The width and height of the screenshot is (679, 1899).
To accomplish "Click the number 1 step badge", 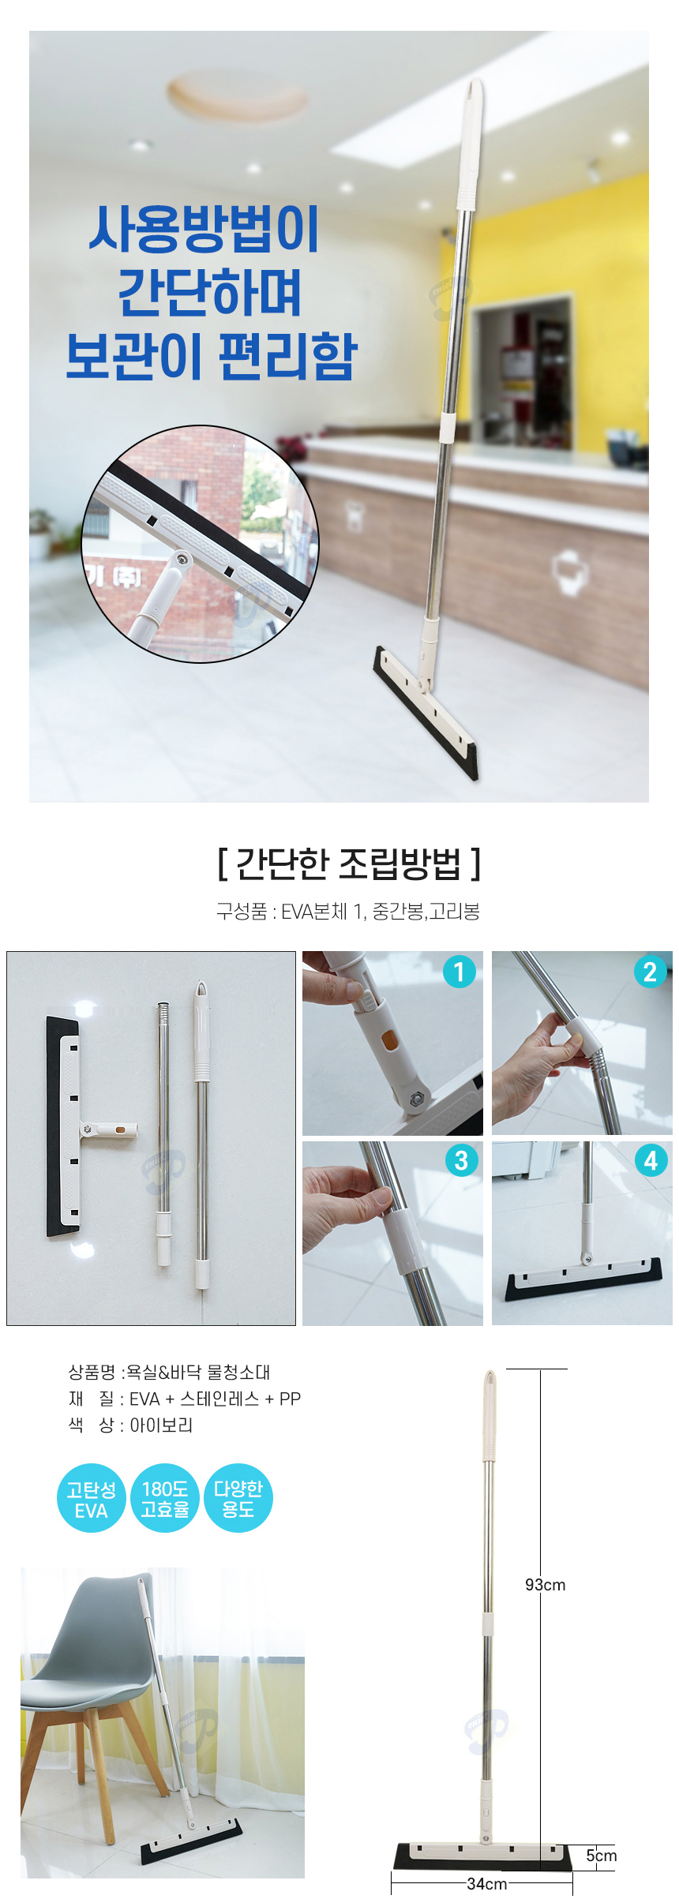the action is click(x=460, y=972).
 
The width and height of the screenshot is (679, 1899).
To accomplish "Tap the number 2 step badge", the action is click(x=650, y=972).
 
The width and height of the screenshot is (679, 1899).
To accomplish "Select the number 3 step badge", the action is click(x=461, y=1159).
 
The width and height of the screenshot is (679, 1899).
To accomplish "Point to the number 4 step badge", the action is click(x=651, y=1159).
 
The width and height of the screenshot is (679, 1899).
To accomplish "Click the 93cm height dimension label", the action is click(x=545, y=1584).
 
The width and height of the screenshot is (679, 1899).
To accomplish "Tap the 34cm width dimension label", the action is click(x=486, y=1883).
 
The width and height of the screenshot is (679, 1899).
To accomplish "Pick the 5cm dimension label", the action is click(x=601, y=1855).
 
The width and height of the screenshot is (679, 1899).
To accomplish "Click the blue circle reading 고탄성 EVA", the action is click(x=91, y=1499).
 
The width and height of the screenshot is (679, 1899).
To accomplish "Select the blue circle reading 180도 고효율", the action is click(x=164, y=1499).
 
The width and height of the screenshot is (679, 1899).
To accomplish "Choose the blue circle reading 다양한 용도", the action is click(x=238, y=1499).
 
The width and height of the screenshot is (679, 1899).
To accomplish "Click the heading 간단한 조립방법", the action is click(x=348, y=863).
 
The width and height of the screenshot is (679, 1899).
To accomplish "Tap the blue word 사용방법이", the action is click(x=204, y=229).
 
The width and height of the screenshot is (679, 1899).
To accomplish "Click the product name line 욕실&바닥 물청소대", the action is click(x=198, y=1372).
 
